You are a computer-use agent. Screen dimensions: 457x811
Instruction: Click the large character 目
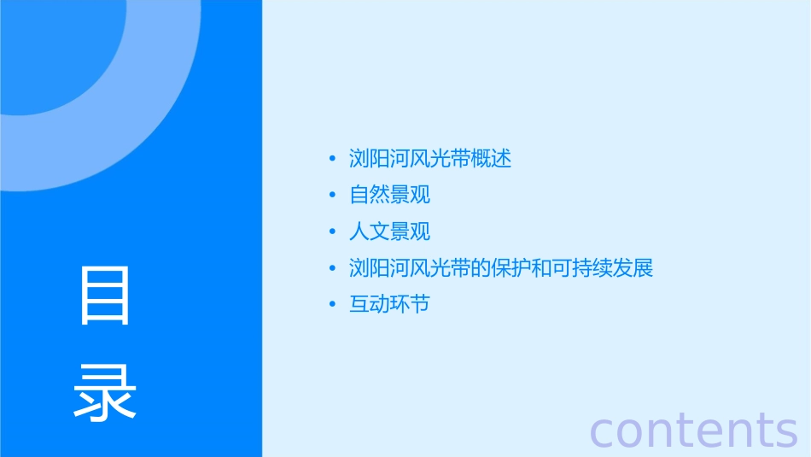pos(105,295)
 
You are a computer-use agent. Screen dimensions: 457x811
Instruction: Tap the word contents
pos(694,429)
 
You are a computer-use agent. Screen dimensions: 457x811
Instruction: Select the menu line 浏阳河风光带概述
pos(430,159)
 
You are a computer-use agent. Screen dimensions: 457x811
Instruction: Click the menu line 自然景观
pos(390,196)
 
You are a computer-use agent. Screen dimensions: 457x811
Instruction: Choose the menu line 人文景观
pos(390,232)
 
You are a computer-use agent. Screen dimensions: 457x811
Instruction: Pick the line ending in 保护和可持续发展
pos(501,268)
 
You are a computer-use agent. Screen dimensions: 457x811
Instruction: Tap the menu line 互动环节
pos(390,305)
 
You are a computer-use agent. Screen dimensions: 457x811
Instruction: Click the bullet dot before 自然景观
pos(333,196)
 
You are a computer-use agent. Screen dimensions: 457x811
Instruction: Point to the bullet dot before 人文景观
pos(333,232)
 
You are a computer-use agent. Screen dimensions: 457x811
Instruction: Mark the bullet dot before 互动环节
pos(333,305)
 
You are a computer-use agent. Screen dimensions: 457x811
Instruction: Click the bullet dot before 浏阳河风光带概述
pos(333,160)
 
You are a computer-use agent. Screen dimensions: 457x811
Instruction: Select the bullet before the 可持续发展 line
pos(333,269)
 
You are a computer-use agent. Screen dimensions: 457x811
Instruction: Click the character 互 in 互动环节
pos(359,305)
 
